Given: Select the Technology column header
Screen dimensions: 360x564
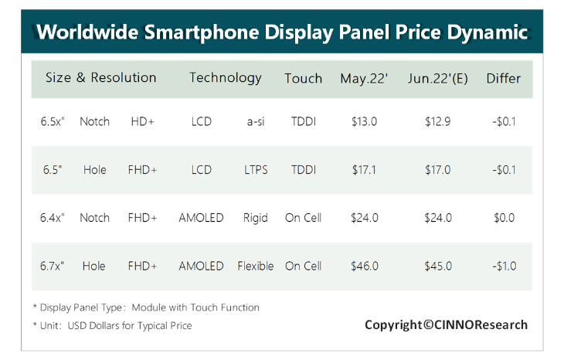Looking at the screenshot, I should pyautogui.click(x=226, y=78).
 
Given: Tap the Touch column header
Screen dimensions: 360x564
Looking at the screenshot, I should pyautogui.click(x=303, y=78).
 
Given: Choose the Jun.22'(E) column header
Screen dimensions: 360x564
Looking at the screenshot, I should pyautogui.click(x=438, y=78).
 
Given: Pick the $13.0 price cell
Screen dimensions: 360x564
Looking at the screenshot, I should pyautogui.click(x=364, y=121).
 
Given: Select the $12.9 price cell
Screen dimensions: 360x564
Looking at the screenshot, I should pyautogui.click(x=438, y=121).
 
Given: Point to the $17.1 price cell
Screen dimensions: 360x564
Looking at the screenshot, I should pyautogui.click(x=364, y=170).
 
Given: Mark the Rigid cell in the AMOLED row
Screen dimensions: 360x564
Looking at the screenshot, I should pyautogui.click(x=255, y=218).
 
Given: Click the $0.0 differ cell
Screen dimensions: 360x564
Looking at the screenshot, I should pyautogui.click(x=504, y=218).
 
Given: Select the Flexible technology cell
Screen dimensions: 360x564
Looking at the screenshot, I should pyautogui.click(x=256, y=266).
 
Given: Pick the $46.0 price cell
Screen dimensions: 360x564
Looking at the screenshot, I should pyautogui.click(x=364, y=266).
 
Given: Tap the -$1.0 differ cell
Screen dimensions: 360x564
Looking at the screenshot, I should pyautogui.click(x=504, y=266).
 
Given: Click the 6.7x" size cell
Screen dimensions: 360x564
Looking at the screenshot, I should pyautogui.click(x=52, y=266).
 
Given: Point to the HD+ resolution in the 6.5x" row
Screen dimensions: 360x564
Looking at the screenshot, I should pyautogui.click(x=142, y=121).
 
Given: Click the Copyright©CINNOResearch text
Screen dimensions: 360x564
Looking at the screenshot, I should pyautogui.click(x=446, y=324).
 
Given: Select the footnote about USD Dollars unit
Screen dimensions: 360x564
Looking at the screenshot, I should pyautogui.click(x=112, y=326).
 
